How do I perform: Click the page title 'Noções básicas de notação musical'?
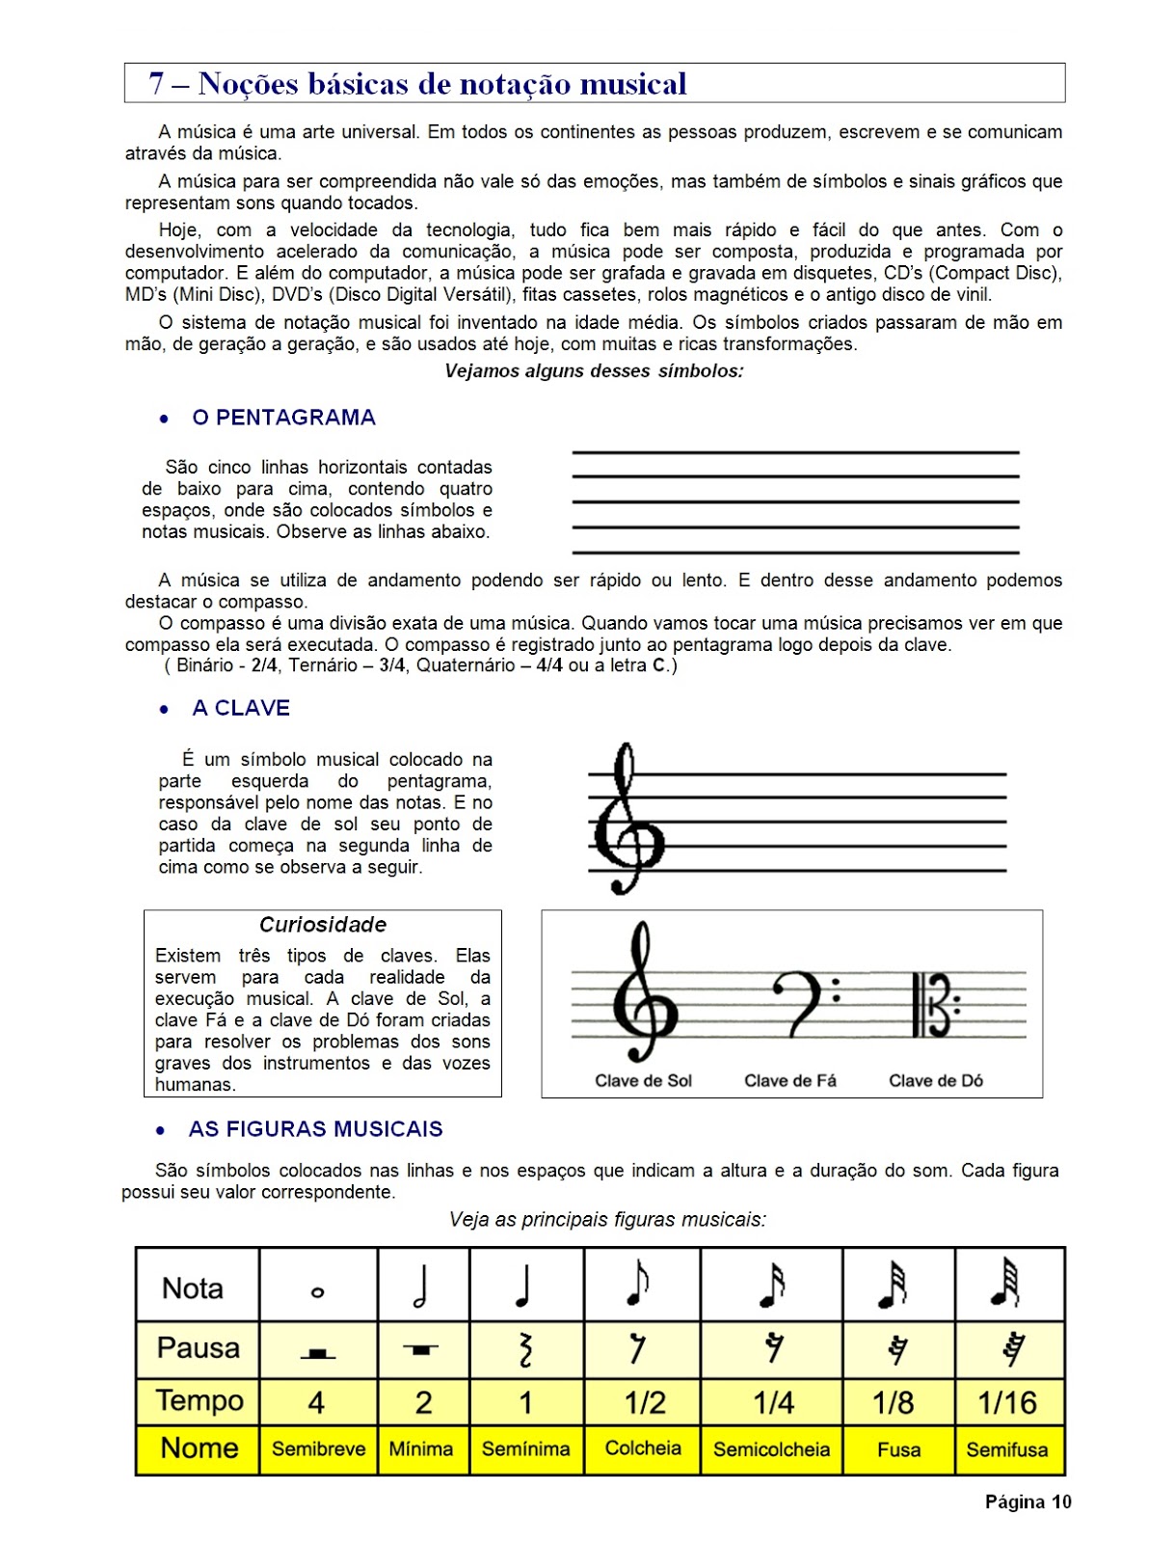[442, 84]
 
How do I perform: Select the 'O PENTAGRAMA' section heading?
[283, 418]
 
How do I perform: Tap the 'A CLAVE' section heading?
[241, 708]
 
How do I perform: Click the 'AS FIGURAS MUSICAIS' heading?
[315, 1129]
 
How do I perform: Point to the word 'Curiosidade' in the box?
[323, 925]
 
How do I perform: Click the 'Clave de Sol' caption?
[643, 1081]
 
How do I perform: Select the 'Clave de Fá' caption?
[790, 1081]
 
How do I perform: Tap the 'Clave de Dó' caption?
[936, 1081]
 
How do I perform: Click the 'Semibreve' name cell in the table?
[318, 1449]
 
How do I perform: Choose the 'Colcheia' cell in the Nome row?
[643, 1448]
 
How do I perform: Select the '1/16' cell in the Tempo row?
[1007, 1402]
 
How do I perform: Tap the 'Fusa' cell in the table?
[898, 1449]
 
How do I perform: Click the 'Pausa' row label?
[199, 1348]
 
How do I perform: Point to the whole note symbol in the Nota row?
[318, 1292]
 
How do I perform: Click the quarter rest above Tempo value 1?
[525, 1349]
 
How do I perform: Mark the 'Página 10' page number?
[1027, 1502]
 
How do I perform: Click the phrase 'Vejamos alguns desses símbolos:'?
[594, 371]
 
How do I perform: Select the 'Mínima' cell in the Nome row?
[421, 1449]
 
